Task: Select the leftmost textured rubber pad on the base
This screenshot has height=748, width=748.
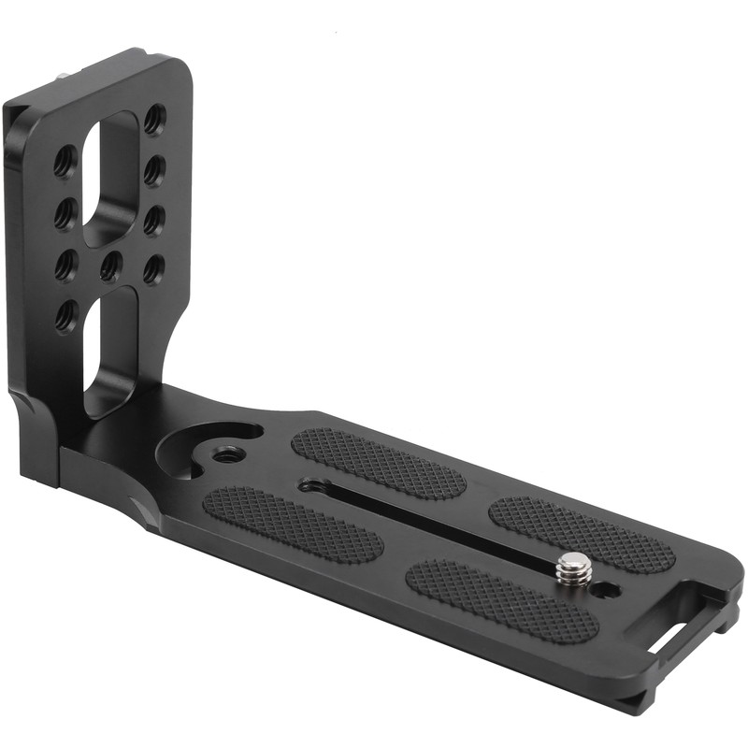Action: (x=292, y=525)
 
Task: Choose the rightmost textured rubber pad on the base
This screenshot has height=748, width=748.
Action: (x=582, y=534)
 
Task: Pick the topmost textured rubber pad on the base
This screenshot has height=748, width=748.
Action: (x=378, y=463)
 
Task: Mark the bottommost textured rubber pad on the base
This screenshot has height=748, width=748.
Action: (x=502, y=600)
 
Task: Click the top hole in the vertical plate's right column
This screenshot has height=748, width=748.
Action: (x=154, y=119)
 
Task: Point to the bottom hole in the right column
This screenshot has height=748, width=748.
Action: (x=152, y=269)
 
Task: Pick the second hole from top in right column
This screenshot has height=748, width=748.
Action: (x=154, y=169)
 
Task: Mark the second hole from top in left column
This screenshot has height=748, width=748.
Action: (x=65, y=214)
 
